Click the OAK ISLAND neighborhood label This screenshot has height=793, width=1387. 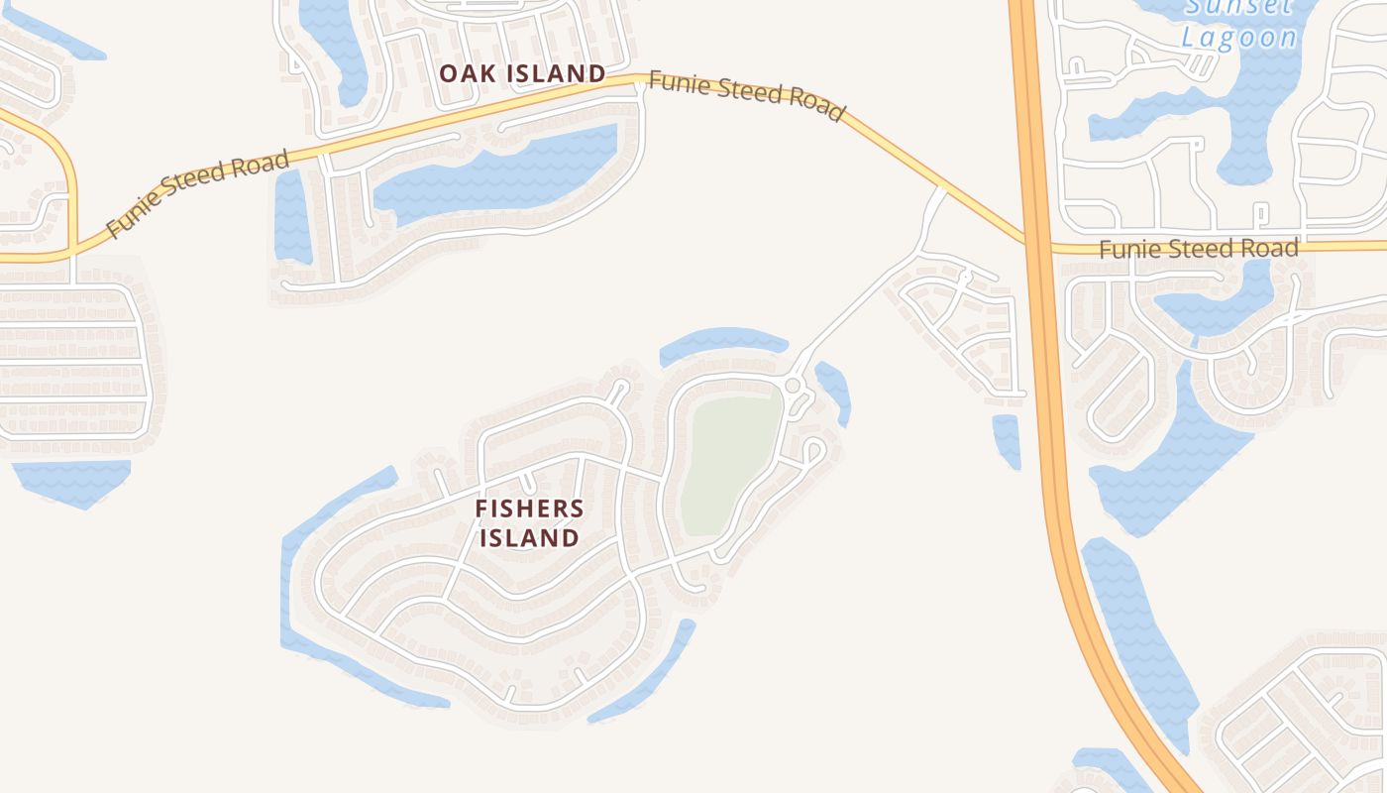[522, 73]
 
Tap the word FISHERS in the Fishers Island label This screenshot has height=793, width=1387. [529, 510]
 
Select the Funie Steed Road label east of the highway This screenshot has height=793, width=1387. [1199, 248]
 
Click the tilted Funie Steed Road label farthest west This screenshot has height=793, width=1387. [197, 193]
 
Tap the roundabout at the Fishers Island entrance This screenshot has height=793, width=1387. [793, 385]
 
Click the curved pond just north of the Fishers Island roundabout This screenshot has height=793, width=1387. [723, 343]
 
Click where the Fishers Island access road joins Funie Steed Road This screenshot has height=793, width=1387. [940, 189]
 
